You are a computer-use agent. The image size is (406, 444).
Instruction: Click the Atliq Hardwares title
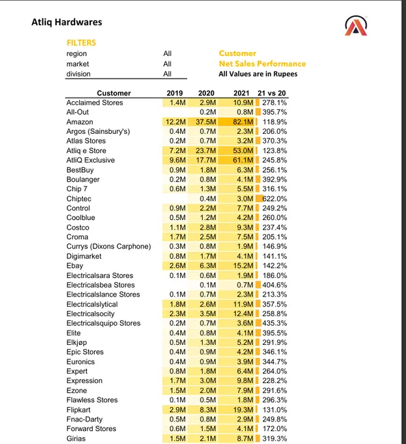tap(67, 22)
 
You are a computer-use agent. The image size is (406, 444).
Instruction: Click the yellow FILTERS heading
tap(81, 42)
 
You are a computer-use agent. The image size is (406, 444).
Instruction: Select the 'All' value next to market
tap(167, 64)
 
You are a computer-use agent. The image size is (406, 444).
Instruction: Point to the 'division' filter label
tap(78, 74)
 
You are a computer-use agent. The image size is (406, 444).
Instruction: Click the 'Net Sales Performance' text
tap(262, 64)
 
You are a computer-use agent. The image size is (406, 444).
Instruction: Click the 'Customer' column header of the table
tap(114, 93)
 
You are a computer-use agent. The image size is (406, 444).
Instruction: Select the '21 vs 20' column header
tap(272, 93)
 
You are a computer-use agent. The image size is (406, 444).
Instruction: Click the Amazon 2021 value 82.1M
tap(241, 122)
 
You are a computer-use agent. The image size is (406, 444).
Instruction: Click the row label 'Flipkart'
tap(79, 409)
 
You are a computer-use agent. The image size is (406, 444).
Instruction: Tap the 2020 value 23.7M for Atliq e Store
tap(205, 150)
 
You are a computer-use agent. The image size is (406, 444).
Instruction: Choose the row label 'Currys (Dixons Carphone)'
tap(108, 247)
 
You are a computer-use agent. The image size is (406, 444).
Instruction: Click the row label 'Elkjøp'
tap(78, 342)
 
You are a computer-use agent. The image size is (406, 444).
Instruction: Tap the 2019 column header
tap(175, 93)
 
